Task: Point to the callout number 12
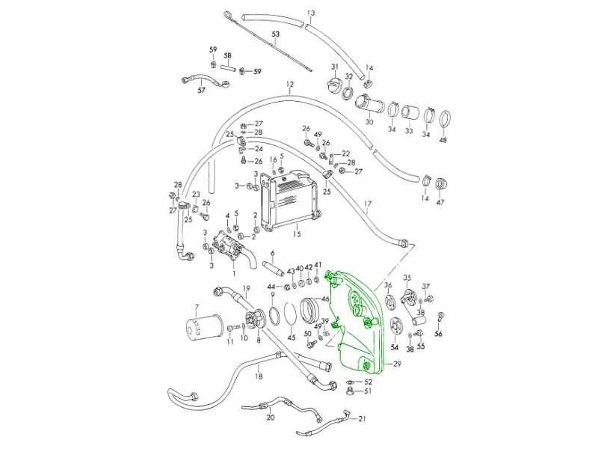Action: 289,85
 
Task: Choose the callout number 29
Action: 397,364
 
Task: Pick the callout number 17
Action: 367,204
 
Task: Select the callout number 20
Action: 271,418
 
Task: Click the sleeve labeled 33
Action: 409,114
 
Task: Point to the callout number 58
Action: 228,56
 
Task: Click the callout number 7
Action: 197,307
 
